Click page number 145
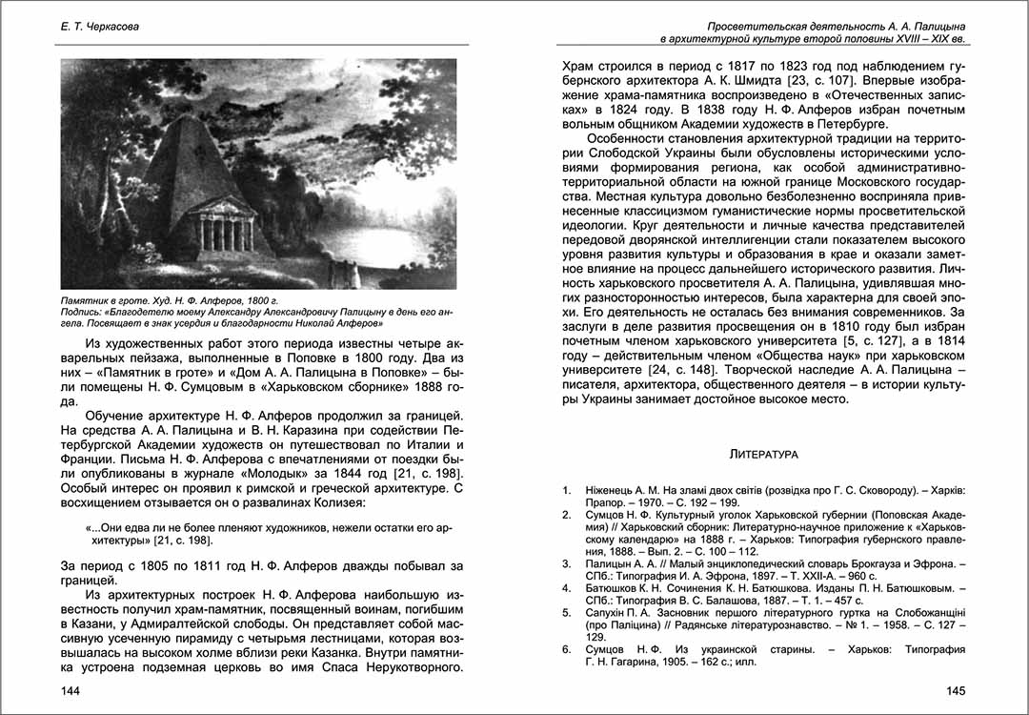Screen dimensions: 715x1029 pos(955,690)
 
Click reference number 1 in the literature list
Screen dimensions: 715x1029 pos(566,490)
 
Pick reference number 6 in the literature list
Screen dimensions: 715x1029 pos(566,648)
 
